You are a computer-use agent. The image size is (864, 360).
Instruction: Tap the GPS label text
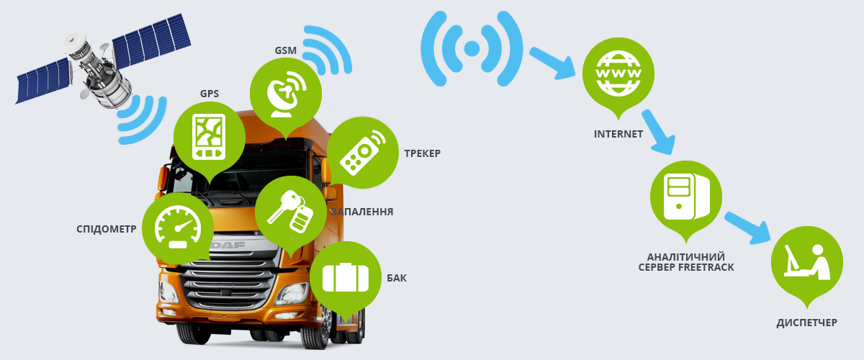[210, 94]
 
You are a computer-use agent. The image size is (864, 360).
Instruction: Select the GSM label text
[285, 51]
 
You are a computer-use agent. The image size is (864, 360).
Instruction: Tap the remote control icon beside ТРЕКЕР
[362, 153]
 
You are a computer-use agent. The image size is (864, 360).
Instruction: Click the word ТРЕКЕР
[421, 153]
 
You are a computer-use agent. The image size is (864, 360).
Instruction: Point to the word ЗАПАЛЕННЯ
[361, 212]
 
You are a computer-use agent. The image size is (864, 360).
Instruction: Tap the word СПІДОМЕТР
[107, 229]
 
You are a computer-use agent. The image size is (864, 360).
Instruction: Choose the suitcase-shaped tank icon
[345, 277]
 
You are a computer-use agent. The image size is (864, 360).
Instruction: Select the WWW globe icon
[618, 73]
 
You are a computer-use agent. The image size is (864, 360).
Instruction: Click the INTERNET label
[618, 134]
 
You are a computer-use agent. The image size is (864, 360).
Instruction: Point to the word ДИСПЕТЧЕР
[807, 322]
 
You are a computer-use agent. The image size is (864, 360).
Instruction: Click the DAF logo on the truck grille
[229, 246]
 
